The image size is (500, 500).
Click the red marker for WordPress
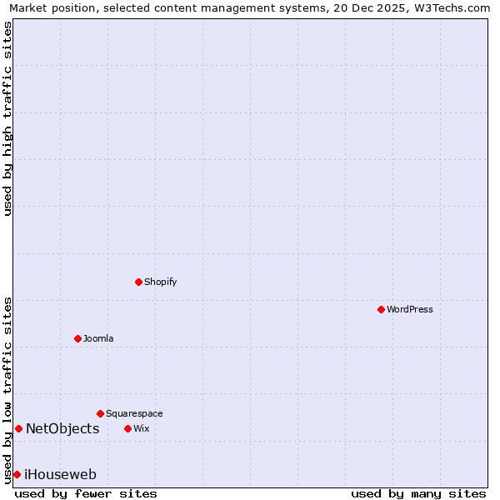pyautogui.click(x=381, y=309)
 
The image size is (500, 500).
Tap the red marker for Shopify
pyautogui.click(x=138, y=282)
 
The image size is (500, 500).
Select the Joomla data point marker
pyautogui.click(x=77, y=338)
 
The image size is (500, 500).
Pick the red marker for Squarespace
pyautogui.click(x=100, y=413)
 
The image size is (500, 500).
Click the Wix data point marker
pyautogui.click(x=127, y=428)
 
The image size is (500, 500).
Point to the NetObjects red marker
pyautogui.click(x=18, y=428)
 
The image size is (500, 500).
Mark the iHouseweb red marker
pyautogui.click(x=17, y=474)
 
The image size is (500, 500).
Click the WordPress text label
pyautogui.click(x=410, y=309)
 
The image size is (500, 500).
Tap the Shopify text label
pyautogui.click(x=161, y=282)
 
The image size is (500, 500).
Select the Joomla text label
pyautogui.click(x=98, y=338)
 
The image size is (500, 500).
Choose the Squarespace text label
pyautogui.click(x=134, y=413)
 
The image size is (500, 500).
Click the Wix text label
pyautogui.click(x=142, y=428)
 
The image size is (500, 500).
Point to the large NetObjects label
pyautogui.click(x=62, y=428)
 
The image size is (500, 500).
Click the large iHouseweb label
pyautogui.click(x=61, y=474)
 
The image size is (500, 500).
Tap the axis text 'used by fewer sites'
pyautogui.click(x=86, y=493)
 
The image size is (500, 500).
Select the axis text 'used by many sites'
pyautogui.click(x=418, y=493)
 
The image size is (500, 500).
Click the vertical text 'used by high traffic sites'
pyautogui.click(x=7, y=118)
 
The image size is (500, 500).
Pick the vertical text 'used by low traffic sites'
pyautogui.click(x=7, y=389)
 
